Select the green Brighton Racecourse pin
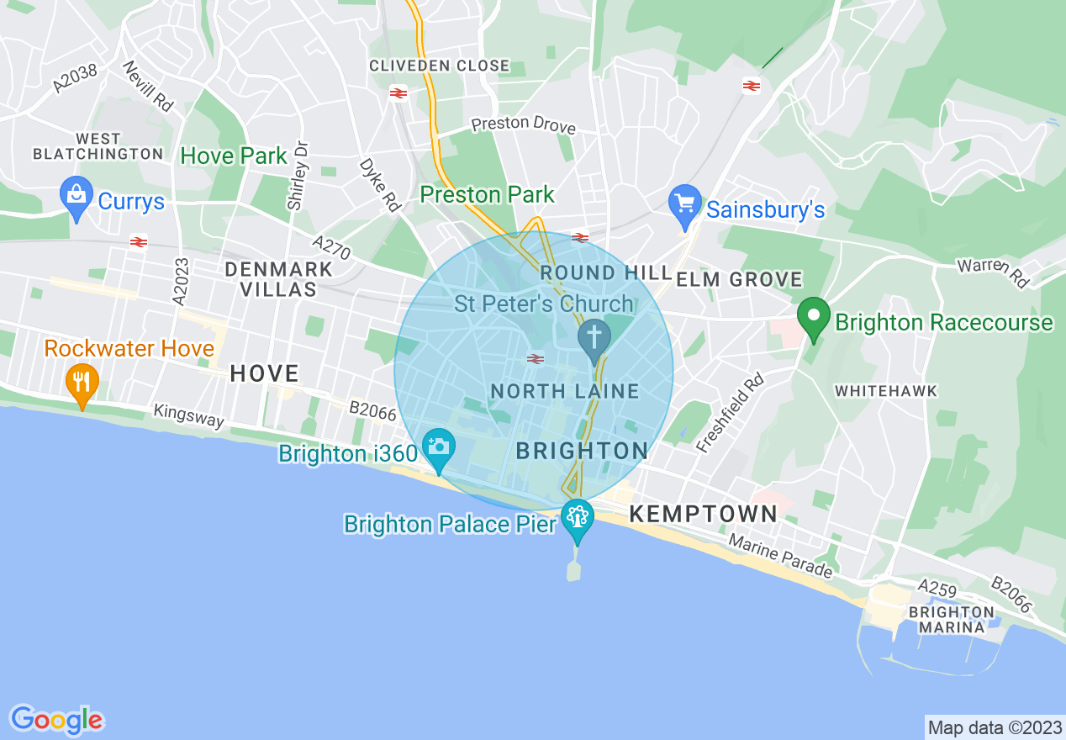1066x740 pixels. (813, 318)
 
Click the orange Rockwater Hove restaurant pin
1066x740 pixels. (82, 383)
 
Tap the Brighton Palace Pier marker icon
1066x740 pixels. (577, 515)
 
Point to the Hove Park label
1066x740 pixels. (234, 156)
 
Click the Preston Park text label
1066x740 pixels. (488, 195)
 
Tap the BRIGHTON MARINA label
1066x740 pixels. (952, 620)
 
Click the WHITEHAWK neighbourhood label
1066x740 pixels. (885, 391)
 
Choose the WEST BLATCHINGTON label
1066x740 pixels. (98, 146)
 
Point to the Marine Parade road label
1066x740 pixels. (780, 557)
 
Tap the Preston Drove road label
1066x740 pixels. (523, 124)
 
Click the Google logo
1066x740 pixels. (57, 720)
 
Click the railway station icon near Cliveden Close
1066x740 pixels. (398, 93)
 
